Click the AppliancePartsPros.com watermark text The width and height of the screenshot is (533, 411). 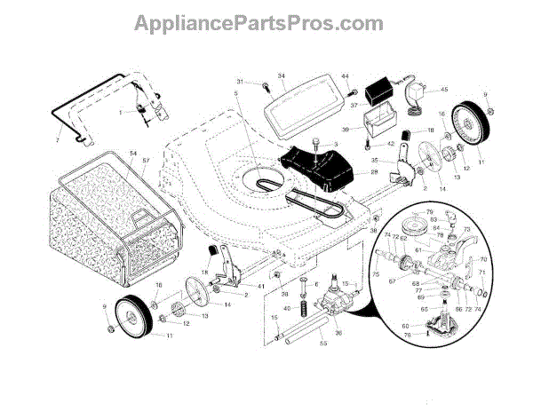266,20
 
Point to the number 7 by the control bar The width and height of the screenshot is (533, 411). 57,140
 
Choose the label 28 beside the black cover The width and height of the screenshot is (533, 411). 375,172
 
